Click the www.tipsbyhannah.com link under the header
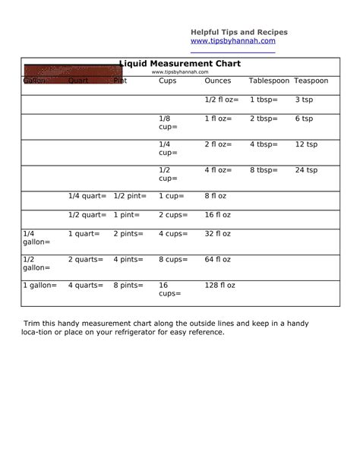pos(232,41)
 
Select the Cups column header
pos(167,81)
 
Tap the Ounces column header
pos(218,81)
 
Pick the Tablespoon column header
pos(269,81)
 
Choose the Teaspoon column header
pos(311,81)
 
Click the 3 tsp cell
pos(304,100)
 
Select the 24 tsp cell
pos(306,170)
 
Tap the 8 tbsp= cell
pos(264,170)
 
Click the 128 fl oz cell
pos(219,286)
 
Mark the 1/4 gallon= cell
pos(36,238)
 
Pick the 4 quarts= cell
pos(86,286)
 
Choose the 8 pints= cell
pos(128,286)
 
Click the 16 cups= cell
pos(169,289)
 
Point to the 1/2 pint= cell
pos(130,196)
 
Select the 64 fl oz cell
pos(217,260)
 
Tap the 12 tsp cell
pos(306,144)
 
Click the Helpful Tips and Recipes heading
pos(238,32)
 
